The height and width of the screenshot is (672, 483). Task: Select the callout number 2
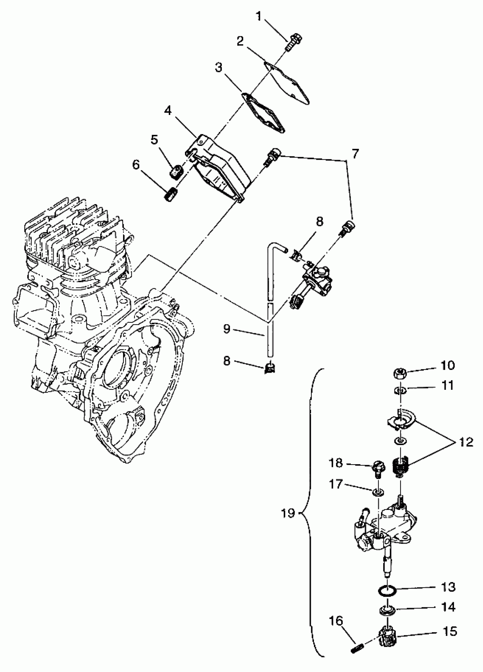point(240,41)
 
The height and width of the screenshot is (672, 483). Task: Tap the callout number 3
point(218,68)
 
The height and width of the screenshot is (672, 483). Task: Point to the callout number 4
point(168,111)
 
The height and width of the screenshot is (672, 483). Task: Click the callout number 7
point(355,154)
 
